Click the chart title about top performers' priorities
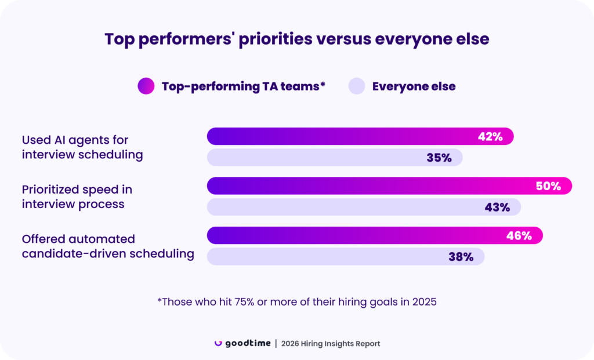point(296,39)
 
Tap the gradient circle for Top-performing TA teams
point(146,86)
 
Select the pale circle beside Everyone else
point(356,86)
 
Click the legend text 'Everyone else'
point(414,86)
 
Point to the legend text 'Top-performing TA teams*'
point(243,86)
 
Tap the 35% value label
point(439,158)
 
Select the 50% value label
point(548,186)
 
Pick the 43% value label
point(497,207)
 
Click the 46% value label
point(519,236)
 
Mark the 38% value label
point(461,257)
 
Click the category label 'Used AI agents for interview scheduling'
point(82,147)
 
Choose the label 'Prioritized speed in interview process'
point(77,197)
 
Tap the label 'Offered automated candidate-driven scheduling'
point(108,246)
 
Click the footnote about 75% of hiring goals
point(296,301)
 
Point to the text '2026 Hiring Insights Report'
point(331,344)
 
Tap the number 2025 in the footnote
point(424,301)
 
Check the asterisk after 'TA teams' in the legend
point(323,85)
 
